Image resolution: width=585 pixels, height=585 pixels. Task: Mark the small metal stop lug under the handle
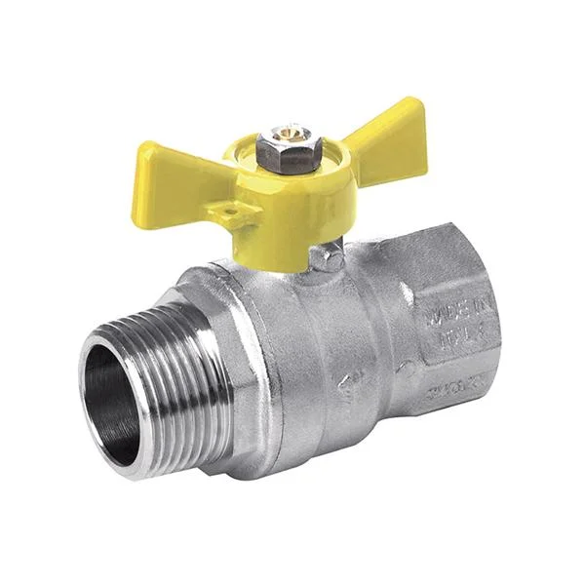324,256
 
